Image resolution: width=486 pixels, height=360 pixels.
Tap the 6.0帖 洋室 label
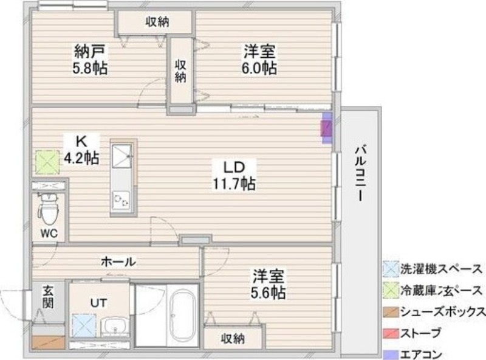[x=260, y=59]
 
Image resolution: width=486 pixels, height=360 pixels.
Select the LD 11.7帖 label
[x=233, y=174]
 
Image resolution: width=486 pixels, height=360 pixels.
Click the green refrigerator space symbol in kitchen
[x=45, y=162]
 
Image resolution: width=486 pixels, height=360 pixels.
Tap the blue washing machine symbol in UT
[x=83, y=325]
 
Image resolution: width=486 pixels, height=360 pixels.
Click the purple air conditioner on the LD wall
[x=327, y=128]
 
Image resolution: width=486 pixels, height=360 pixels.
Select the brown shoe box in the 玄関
[x=47, y=342]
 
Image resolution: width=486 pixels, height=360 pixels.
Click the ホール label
[x=118, y=261]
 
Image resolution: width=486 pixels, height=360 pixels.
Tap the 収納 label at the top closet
[x=157, y=22]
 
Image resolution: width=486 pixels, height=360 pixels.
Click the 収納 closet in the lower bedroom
[x=233, y=337]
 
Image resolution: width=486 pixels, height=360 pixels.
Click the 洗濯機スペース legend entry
[x=434, y=268]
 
